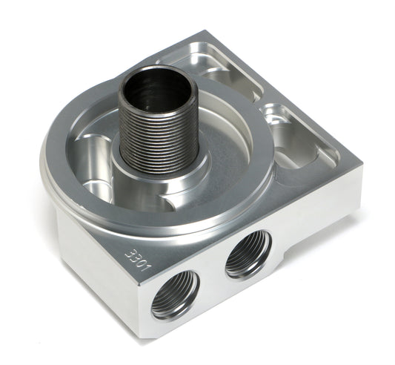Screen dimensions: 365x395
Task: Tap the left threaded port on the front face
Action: (x=176, y=293)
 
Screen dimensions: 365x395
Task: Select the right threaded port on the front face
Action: (x=248, y=252)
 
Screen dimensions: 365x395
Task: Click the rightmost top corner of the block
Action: (x=362, y=162)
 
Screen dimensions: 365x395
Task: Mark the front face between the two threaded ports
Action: (x=212, y=286)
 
